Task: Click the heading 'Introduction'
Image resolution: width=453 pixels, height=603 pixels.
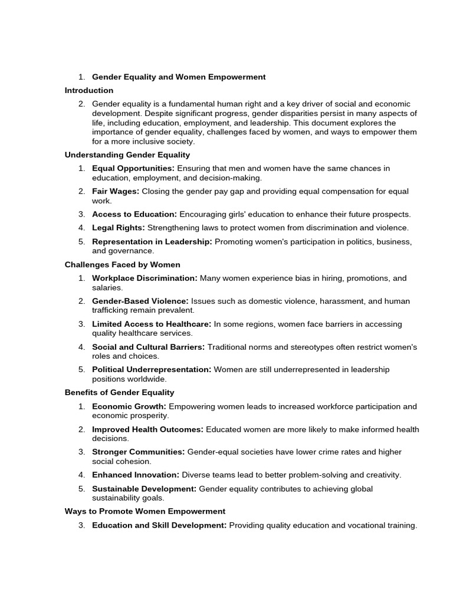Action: click(88, 91)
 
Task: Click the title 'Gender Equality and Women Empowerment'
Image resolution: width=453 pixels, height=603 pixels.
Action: click(179, 77)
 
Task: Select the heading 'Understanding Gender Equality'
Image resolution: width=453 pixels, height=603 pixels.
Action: click(127, 155)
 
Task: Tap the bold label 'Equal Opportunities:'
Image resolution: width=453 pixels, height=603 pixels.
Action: click(133, 168)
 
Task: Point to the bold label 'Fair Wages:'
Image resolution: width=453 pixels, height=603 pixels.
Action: click(116, 191)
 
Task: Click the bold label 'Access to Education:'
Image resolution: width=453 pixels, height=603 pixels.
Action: click(134, 214)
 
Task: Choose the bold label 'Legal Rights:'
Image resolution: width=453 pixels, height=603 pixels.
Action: click(119, 228)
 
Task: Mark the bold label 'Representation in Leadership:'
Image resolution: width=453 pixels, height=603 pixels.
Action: click(152, 241)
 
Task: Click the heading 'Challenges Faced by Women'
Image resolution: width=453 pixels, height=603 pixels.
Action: click(122, 265)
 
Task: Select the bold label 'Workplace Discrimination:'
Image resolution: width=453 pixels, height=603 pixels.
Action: click(145, 279)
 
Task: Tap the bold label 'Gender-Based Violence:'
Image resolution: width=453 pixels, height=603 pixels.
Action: click(140, 301)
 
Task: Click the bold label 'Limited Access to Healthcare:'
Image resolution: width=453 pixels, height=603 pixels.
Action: click(152, 324)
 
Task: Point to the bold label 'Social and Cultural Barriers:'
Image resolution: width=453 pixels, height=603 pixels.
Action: click(149, 347)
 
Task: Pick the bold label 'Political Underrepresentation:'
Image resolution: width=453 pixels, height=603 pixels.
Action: click(152, 370)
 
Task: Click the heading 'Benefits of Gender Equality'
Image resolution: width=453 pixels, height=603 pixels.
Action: click(119, 393)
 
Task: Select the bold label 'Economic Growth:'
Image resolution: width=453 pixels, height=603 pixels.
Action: click(129, 407)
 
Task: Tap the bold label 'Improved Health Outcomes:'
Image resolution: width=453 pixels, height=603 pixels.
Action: click(147, 430)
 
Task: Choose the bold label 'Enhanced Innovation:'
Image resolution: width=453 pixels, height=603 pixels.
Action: click(136, 475)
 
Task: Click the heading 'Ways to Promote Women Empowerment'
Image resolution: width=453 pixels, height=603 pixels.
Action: click(145, 512)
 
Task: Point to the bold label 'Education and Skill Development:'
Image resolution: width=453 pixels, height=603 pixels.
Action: click(159, 525)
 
